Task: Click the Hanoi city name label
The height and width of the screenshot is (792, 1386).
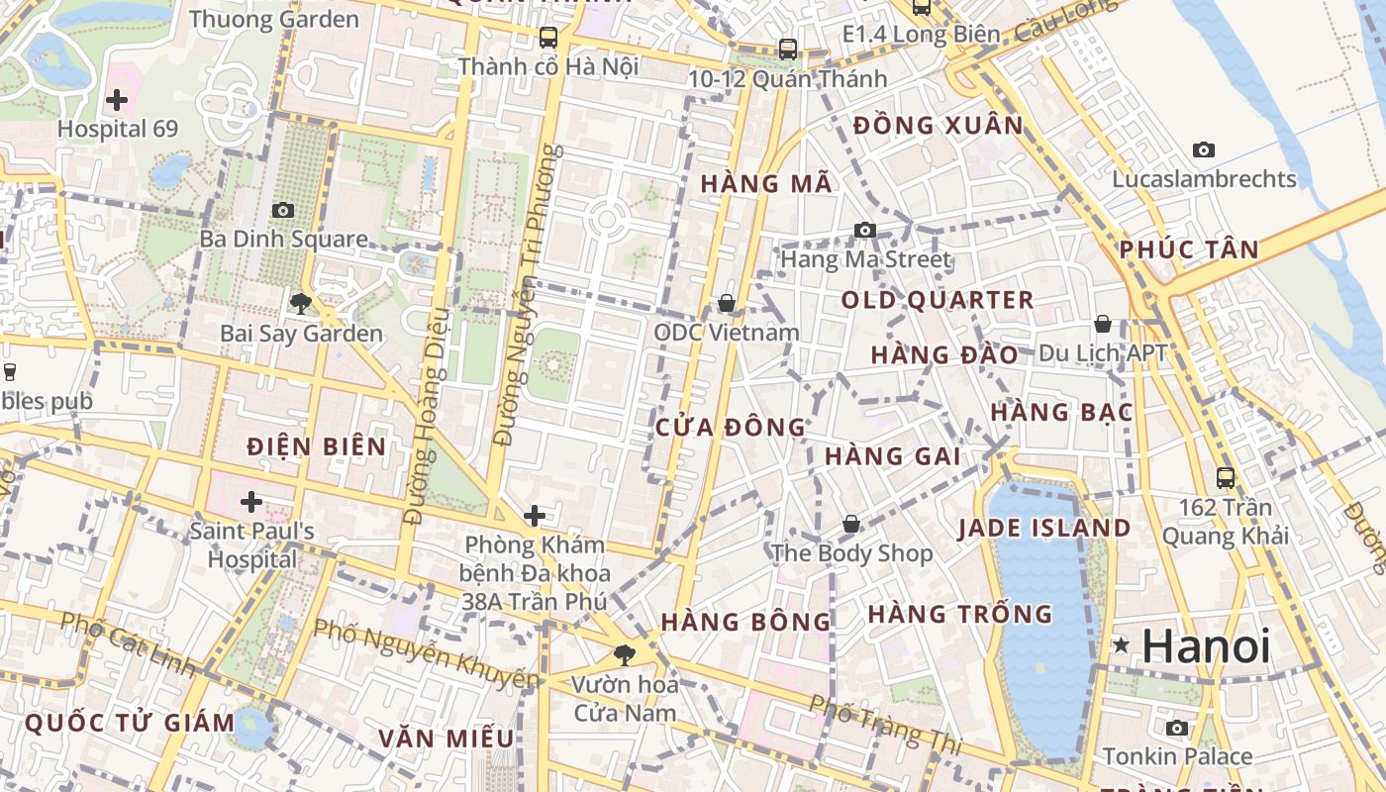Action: click(1206, 646)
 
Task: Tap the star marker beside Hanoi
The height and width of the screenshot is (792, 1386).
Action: click(1121, 645)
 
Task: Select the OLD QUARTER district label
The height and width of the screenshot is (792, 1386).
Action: click(938, 300)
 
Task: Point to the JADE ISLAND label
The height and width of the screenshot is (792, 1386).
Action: click(1043, 528)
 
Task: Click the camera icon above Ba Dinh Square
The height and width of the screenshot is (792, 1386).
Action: click(283, 210)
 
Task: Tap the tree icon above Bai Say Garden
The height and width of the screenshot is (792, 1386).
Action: click(301, 303)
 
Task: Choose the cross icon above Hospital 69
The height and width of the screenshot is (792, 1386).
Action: click(117, 99)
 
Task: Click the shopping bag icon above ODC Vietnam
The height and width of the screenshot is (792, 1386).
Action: click(727, 303)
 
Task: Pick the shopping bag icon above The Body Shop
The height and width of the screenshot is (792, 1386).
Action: click(851, 524)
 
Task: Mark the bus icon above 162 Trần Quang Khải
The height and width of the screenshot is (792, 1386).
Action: click(1226, 478)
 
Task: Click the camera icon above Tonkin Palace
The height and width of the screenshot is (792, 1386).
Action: click(1177, 729)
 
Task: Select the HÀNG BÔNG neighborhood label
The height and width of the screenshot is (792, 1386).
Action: click(745, 622)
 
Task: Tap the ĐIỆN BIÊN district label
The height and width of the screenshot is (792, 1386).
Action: click(317, 446)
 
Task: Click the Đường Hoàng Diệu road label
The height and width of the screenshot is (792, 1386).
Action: click(428, 416)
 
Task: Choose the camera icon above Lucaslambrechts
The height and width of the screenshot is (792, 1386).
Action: click(1204, 150)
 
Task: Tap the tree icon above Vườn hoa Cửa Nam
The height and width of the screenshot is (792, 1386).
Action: click(625, 654)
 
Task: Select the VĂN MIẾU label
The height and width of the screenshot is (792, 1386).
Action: click(446, 739)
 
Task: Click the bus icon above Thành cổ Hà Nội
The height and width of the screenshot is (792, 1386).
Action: click(547, 38)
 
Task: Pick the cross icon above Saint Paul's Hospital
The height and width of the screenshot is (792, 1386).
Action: click(251, 501)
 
